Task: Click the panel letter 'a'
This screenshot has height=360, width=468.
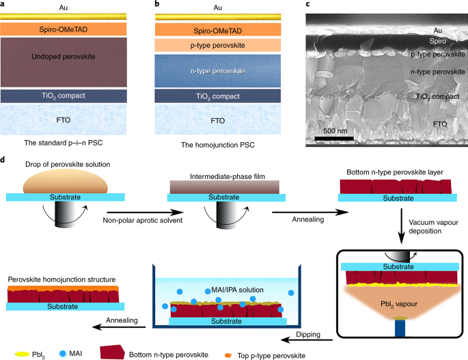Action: tap(4, 4)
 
